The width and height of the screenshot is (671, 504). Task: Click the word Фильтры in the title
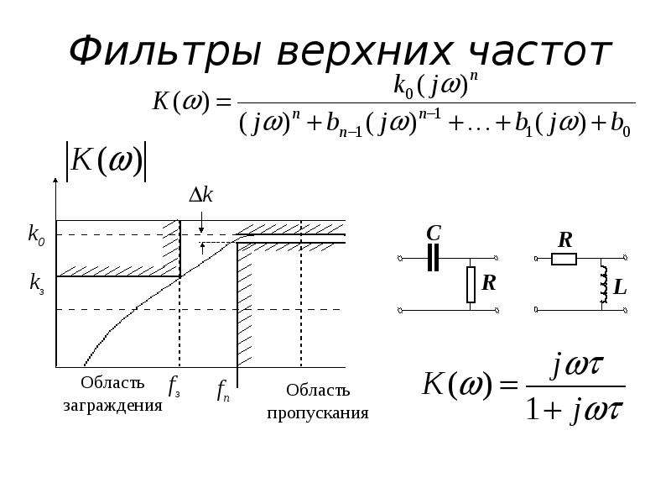(165, 52)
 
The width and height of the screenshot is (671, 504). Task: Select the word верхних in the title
(364, 54)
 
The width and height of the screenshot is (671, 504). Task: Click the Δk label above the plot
(200, 196)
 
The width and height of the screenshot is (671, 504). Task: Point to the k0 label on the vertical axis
(36, 235)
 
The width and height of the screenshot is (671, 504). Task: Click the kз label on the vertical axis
(37, 284)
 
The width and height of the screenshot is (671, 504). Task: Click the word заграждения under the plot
(113, 406)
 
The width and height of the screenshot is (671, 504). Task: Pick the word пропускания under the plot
(318, 413)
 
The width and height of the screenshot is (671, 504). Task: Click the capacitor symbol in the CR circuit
(433, 258)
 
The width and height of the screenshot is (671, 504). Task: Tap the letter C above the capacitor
(434, 234)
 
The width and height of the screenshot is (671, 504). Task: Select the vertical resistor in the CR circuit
(471, 285)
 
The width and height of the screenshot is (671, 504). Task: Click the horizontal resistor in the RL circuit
(564, 259)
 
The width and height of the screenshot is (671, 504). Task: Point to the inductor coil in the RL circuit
(604, 284)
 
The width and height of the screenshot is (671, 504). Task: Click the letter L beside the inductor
(620, 286)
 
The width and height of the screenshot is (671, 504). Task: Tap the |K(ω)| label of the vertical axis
(106, 161)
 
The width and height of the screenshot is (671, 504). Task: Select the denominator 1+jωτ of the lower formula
(575, 409)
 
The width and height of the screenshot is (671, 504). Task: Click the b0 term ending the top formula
(621, 125)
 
